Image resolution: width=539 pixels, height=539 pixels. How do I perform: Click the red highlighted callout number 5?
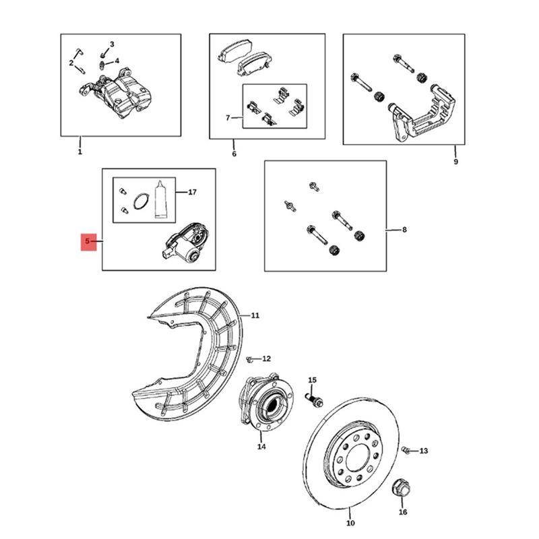[x=88, y=241]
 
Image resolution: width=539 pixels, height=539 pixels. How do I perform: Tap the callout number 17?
[x=192, y=192]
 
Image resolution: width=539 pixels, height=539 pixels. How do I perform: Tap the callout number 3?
[x=112, y=44]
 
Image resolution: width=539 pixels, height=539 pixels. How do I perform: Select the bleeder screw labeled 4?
[x=102, y=65]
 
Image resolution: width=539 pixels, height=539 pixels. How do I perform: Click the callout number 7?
[x=228, y=118]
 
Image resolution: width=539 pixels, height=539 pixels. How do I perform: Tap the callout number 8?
[x=404, y=230]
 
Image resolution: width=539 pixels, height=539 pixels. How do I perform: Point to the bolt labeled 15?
[x=314, y=400]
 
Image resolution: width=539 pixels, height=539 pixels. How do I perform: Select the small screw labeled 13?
[x=406, y=449]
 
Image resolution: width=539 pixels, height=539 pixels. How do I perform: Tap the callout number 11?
[x=255, y=315]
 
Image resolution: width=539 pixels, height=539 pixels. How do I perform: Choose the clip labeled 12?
[x=250, y=360]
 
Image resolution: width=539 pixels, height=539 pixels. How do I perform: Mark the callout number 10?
[x=350, y=524]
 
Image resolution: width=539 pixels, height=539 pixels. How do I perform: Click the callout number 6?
[x=234, y=154]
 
